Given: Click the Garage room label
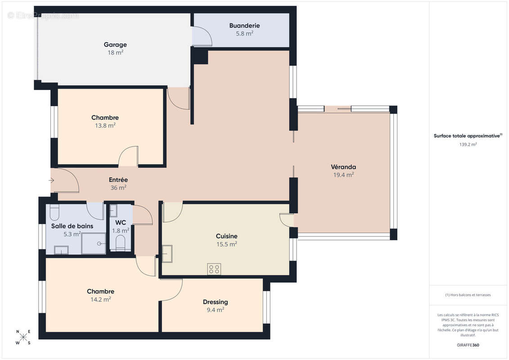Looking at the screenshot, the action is tap(115, 45).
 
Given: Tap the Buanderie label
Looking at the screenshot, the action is tap(244, 25).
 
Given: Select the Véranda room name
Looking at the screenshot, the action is tap(343, 167).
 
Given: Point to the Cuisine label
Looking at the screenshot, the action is tap(226, 236).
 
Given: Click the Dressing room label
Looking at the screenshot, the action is tap(216, 302).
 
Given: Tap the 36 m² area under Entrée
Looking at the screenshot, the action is tap(118, 188).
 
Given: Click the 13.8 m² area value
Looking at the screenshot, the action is tap(105, 126).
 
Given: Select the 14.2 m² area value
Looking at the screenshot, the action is tap(101, 299).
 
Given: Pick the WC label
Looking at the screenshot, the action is tap(121, 223).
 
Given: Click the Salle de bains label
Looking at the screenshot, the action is tap(72, 226).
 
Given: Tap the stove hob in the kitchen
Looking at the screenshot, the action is tap(214, 269).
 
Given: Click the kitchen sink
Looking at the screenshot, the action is tap(167, 253).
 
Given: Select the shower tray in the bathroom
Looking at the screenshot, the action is tap(94, 243).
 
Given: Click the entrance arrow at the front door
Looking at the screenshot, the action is tap(52, 180).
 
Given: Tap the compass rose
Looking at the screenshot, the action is tap(23, 337).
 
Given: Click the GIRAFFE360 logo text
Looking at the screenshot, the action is tap(468, 345).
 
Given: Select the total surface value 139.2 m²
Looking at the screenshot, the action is tap(468, 144).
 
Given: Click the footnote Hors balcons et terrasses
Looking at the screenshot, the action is tap(468, 295).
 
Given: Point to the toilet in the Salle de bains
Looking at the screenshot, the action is tap(54, 212).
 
